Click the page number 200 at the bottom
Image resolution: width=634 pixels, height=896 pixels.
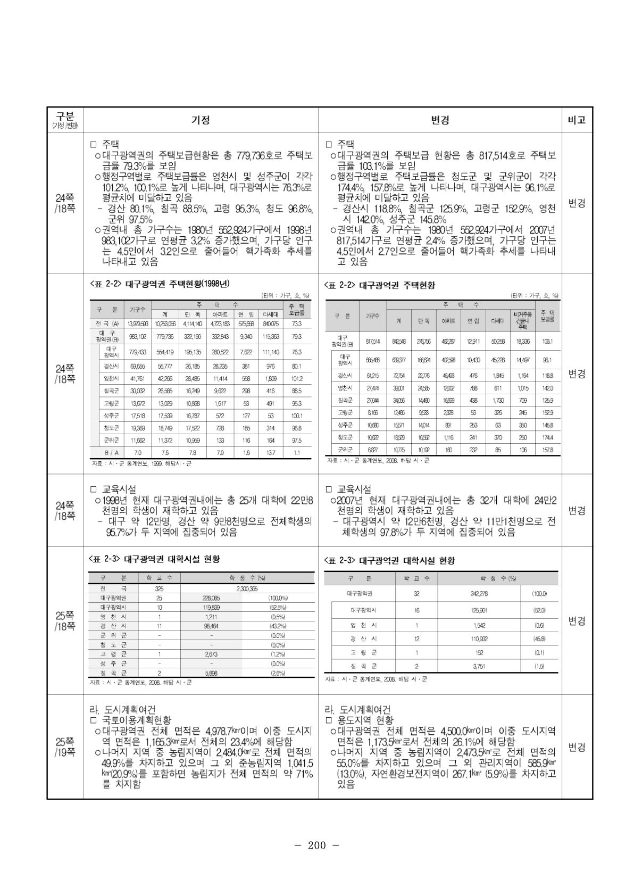pos(316,845)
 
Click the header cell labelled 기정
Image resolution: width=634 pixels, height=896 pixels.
pos(201,120)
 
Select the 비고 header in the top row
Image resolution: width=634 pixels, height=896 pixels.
pos(577,120)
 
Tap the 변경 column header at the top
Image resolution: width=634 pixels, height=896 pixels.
pos(440,120)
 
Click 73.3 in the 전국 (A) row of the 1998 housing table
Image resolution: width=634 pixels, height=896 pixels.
pos(297,323)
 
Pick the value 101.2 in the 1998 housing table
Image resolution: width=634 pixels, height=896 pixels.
pos(297,379)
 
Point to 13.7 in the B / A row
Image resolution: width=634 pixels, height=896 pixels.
pos(271,453)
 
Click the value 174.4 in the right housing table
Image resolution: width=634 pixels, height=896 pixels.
pos(547,437)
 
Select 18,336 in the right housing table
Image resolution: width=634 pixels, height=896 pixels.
pos(523,342)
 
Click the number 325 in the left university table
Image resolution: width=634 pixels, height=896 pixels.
pos(159,589)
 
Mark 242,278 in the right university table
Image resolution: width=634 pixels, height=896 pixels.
pos(479,594)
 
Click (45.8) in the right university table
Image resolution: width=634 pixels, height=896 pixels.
pos(539,638)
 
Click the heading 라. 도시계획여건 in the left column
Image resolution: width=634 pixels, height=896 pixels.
pos(122,710)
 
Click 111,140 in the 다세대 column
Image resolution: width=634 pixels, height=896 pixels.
pos(271,352)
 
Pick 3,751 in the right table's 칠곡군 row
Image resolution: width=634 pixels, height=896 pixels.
pos(479,666)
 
